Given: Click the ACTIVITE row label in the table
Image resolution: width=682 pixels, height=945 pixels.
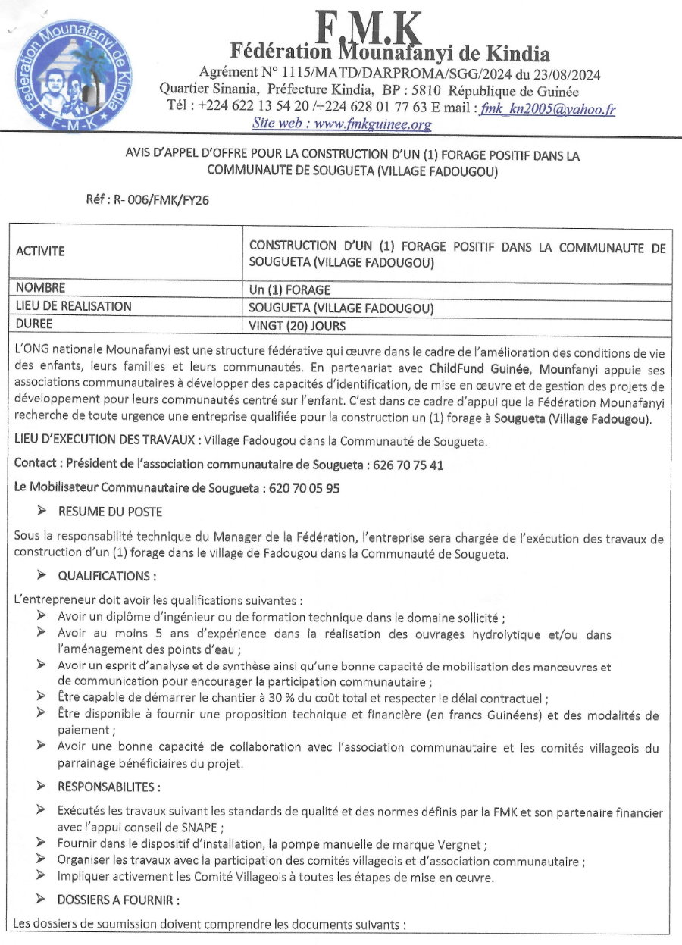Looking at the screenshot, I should (x=40, y=251).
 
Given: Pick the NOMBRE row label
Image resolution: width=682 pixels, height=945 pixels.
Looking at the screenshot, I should (x=40, y=288).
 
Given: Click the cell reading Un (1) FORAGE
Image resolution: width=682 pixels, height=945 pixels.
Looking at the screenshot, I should (x=289, y=289).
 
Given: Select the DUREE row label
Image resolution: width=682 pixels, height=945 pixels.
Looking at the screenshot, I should (x=35, y=326).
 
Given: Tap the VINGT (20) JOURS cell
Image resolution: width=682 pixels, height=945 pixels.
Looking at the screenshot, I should (x=297, y=327).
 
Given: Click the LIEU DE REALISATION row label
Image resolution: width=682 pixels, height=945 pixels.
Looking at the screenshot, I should (x=74, y=307).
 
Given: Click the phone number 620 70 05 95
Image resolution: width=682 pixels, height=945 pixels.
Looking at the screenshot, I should (x=304, y=489).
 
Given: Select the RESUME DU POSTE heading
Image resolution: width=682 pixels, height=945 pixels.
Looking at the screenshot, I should (x=110, y=512).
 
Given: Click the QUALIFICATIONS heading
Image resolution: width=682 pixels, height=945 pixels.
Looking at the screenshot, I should (x=107, y=577).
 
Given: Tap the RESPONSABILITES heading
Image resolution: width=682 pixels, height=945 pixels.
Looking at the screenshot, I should (x=108, y=787).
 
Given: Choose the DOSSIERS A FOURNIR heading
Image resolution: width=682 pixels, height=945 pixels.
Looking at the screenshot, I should (x=118, y=900).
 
